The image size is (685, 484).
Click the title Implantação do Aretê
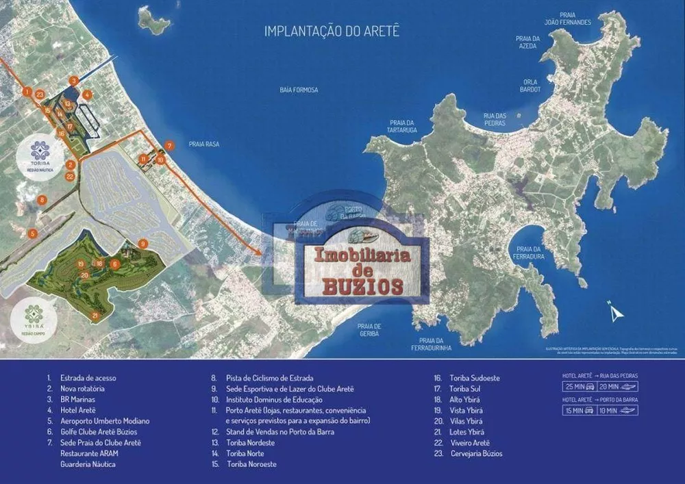point(332,31)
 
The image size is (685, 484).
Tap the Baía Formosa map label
point(299,90)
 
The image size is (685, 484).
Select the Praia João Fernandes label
point(567,18)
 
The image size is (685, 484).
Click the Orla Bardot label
point(530,85)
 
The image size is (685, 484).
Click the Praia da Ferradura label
point(531,253)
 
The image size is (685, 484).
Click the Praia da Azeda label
point(527,42)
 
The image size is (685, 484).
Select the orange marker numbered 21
point(95,316)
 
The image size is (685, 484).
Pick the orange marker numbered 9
point(142,243)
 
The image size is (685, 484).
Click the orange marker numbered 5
point(32,233)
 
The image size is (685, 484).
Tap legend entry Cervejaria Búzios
point(476,453)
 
